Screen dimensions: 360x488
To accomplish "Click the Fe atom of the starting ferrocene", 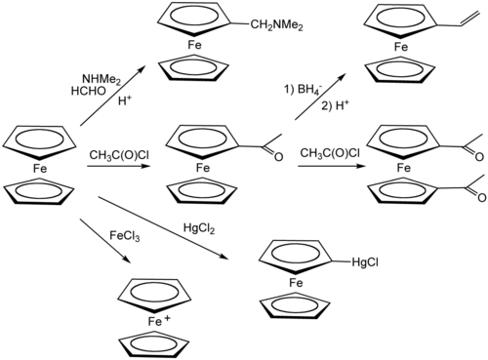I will [41, 169].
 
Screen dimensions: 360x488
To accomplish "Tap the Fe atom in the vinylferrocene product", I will [400, 46].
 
